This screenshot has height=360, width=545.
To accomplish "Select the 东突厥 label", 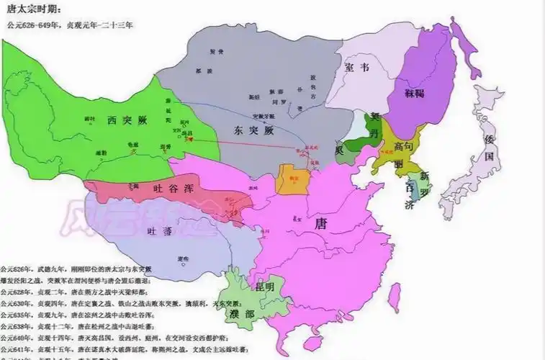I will (253, 132).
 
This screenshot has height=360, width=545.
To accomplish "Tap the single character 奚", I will (339, 150).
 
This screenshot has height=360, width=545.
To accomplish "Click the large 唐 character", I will (321, 224).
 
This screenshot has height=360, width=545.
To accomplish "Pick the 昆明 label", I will (264, 286).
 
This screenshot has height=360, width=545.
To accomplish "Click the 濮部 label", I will (243, 314).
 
